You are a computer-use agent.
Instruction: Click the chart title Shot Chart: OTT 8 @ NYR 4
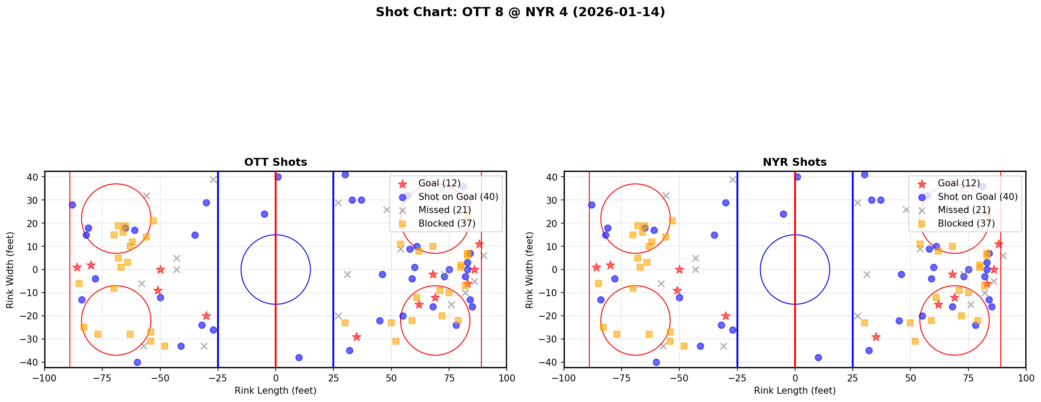tap(520, 12)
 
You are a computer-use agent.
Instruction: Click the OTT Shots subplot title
tap(275, 162)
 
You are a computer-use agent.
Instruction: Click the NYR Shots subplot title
tap(794, 162)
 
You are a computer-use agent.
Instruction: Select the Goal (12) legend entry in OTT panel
tap(435, 183)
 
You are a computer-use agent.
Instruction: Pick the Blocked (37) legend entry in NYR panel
tap(966, 224)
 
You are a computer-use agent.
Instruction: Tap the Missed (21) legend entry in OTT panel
tap(444, 210)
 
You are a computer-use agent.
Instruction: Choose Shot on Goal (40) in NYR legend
tap(977, 197)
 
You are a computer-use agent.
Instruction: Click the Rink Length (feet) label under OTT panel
tap(275, 391)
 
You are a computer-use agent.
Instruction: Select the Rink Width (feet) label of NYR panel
tap(529, 269)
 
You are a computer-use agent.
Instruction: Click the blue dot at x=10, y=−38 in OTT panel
tap(299, 357)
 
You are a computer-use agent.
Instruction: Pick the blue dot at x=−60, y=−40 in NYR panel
tap(656, 362)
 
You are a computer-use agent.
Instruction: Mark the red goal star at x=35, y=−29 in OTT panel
tap(356, 337)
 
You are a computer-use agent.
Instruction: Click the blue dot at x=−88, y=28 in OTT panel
tap(72, 205)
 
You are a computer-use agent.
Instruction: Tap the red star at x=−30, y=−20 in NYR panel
tap(726, 316)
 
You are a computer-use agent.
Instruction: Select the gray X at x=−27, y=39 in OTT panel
tap(213, 179)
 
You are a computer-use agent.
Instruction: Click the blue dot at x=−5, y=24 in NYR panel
tap(783, 214)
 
